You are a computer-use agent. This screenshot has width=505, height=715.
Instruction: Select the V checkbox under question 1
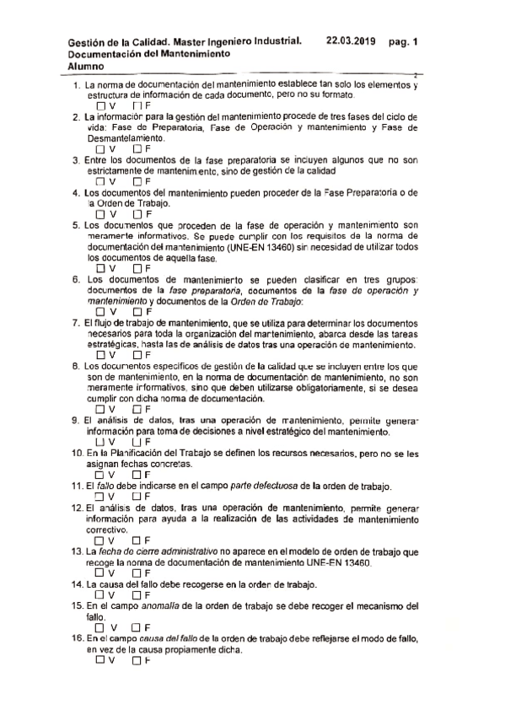[x=101, y=106]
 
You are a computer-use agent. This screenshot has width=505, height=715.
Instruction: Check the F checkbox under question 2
[x=137, y=148]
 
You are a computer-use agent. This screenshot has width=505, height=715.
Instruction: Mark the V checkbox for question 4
[x=101, y=213]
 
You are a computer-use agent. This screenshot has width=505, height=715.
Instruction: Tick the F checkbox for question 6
[x=137, y=312]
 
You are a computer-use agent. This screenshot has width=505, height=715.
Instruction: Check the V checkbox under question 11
[x=101, y=497]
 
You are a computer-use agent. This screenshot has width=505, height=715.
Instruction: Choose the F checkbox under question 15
[x=137, y=627]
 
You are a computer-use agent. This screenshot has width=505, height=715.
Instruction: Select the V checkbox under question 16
[x=101, y=660]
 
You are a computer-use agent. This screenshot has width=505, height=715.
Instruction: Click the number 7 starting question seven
[x=76, y=323]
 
